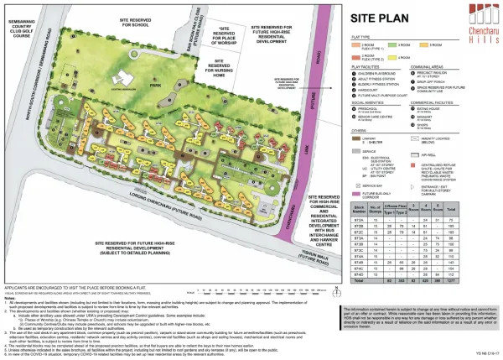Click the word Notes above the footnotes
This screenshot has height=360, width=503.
pyautogui.click(x=9, y=298)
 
